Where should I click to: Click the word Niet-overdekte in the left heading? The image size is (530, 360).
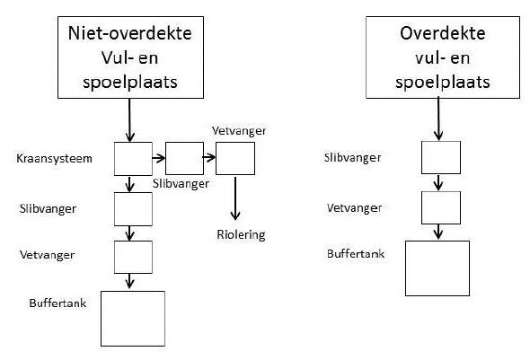(x=129, y=33)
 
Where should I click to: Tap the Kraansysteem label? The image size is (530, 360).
(x=54, y=158)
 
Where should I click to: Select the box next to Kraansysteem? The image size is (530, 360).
(x=133, y=159)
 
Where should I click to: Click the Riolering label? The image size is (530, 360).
(x=241, y=234)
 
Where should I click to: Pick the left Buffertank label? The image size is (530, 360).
(x=57, y=303)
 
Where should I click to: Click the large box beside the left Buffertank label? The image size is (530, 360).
(x=133, y=319)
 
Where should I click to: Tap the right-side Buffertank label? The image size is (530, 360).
(x=356, y=254)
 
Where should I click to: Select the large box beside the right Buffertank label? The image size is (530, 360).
(x=437, y=268)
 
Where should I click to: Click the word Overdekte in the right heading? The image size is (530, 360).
(x=443, y=33)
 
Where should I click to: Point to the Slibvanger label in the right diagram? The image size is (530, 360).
(x=352, y=158)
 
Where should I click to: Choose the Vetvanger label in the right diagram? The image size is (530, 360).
(x=354, y=208)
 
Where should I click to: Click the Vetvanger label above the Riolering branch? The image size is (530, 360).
(x=239, y=131)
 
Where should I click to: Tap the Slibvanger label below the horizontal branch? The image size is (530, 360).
(x=181, y=184)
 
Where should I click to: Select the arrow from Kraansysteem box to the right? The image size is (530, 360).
(x=158, y=158)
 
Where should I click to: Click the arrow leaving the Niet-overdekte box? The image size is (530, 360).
(x=129, y=120)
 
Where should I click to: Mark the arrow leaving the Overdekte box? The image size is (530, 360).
(x=438, y=119)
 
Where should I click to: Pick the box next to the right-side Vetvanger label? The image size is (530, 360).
(x=441, y=207)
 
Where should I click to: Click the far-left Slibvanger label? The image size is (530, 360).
(x=48, y=208)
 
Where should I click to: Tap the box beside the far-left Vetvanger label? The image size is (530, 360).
(x=133, y=257)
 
